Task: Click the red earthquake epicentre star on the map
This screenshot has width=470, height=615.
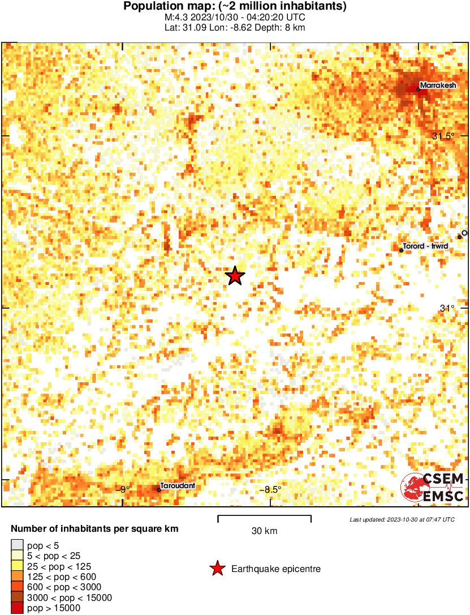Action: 235,276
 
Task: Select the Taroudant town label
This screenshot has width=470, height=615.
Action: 178,486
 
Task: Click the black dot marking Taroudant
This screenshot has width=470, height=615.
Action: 159,490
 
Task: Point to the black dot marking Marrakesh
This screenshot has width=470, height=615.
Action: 419,89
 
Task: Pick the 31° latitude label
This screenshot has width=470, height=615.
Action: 447,308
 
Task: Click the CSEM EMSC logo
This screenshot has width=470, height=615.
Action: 433,487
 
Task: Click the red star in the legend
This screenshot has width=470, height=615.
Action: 217,569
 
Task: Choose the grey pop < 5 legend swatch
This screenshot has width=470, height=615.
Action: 17,546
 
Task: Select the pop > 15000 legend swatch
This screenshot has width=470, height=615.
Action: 17,608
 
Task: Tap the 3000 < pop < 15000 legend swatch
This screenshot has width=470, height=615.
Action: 17,597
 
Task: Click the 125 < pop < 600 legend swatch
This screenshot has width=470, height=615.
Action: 17,577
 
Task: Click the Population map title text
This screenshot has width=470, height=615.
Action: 235,7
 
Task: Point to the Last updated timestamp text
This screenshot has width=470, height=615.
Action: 402,519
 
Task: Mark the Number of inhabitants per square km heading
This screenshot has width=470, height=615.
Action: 95,529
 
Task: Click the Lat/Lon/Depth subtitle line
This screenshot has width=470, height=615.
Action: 235,27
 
